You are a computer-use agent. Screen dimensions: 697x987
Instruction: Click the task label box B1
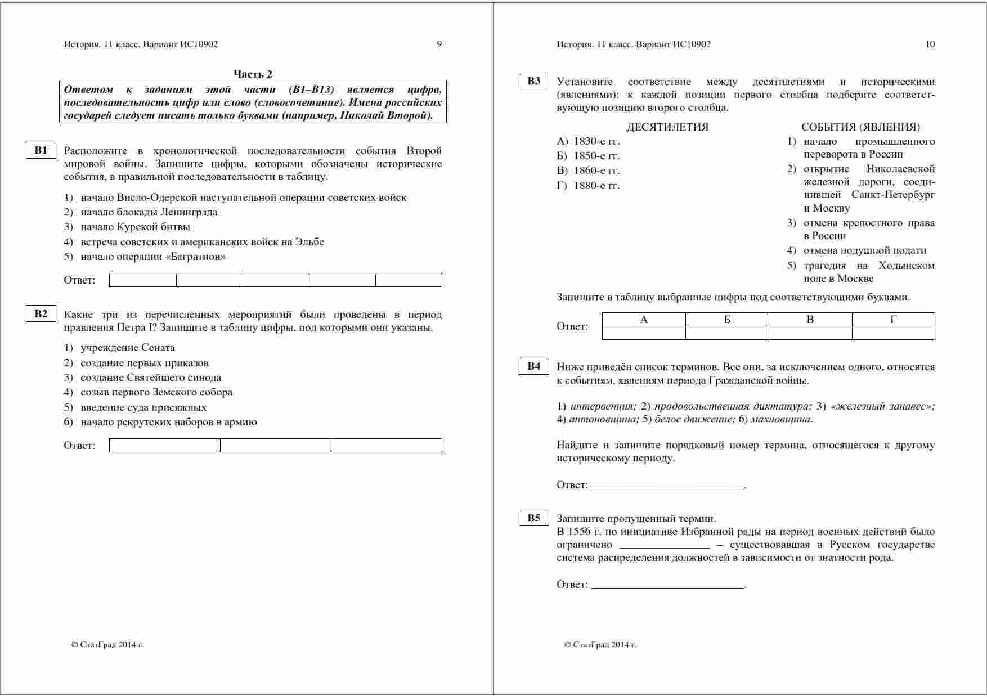[x=41, y=150]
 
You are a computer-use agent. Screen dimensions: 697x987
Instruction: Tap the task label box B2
[x=41, y=314]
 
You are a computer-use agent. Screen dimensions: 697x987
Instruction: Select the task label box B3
[x=533, y=81]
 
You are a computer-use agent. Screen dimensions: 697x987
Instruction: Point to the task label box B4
[x=533, y=367]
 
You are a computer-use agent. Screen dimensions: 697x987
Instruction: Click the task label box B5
[x=533, y=518]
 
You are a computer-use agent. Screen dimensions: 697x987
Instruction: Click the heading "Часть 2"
[x=253, y=74]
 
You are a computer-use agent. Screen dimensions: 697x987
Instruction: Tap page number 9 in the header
[x=439, y=44]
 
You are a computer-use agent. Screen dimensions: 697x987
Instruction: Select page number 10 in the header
[x=930, y=44]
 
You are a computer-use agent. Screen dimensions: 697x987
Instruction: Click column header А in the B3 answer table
[x=644, y=320]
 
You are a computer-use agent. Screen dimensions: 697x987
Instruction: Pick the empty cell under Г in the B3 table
[x=893, y=333]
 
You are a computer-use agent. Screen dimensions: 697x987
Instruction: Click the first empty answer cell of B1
[x=143, y=280]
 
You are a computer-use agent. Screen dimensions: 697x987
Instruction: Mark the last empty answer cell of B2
[x=386, y=446]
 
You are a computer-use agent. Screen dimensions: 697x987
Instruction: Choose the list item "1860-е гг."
[x=596, y=170]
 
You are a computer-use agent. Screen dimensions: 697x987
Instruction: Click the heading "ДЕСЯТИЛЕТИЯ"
[x=667, y=127]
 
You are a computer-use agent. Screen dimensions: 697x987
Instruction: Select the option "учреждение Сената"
[x=128, y=348]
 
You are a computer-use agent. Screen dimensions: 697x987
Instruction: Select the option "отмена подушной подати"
[x=864, y=250]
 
